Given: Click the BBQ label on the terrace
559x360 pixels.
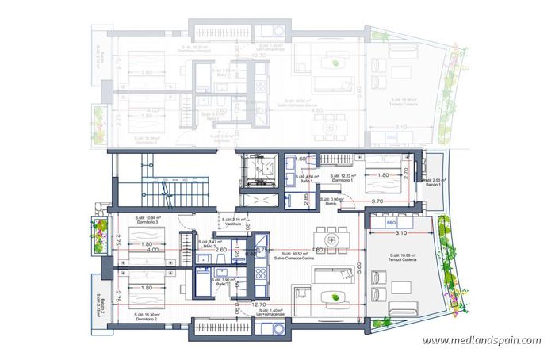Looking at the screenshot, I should (390, 224).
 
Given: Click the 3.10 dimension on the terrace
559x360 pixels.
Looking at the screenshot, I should (400, 234).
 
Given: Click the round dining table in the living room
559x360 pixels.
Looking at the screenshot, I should (331, 237).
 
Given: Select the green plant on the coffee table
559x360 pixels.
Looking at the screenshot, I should (340, 296).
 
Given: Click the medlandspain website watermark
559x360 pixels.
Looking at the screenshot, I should (481, 340).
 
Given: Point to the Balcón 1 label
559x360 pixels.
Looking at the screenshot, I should (433, 183).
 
